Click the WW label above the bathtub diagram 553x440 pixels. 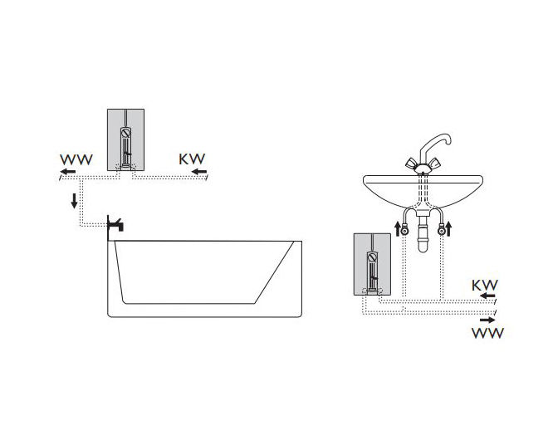pyautogui.click(x=76, y=159)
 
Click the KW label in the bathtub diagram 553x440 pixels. pyautogui.click(x=192, y=159)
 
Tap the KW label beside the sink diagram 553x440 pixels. pyautogui.click(x=485, y=286)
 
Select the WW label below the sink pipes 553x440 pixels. pyautogui.click(x=488, y=333)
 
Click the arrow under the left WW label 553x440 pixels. pyautogui.click(x=67, y=172)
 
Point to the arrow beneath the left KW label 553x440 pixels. pyautogui.click(x=199, y=172)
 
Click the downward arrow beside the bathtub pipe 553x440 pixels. pyautogui.click(x=74, y=201)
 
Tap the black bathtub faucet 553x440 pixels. pyautogui.click(x=115, y=223)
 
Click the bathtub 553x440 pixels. pyautogui.click(x=204, y=279)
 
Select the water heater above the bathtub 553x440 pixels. pyautogui.click(x=125, y=140)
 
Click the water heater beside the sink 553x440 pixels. pyautogui.click(x=372, y=265)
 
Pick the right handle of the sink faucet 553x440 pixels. pyautogui.click(x=434, y=164)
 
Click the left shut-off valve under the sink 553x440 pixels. pyautogui.click(x=405, y=232)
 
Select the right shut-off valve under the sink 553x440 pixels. pyautogui.click(x=441, y=232)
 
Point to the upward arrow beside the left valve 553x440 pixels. pyautogui.click(x=398, y=229)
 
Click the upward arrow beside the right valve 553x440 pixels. pyautogui.click(x=449, y=229)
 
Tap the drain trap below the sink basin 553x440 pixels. pyautogui.click(x=423, y=232)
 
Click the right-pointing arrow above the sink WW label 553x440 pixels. pyautogui.click(x=487, y=320)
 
